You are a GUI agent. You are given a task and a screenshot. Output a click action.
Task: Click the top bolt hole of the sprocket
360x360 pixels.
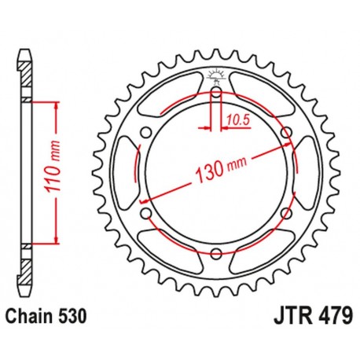215,91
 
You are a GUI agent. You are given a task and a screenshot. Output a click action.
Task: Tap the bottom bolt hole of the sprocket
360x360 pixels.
215,252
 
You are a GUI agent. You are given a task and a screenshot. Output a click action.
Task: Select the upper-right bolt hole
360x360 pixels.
284,131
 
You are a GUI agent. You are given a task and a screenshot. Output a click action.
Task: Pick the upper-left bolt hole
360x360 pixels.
145,131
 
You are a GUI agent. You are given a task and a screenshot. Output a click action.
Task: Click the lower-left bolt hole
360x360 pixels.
145,212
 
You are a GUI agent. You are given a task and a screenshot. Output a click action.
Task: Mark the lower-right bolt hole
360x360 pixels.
284,212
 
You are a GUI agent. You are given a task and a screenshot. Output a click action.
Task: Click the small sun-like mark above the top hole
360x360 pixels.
215,77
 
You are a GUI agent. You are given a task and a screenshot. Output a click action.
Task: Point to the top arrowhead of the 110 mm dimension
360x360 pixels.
57,106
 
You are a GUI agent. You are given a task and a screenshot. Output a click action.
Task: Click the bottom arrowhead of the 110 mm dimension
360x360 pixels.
57,240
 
